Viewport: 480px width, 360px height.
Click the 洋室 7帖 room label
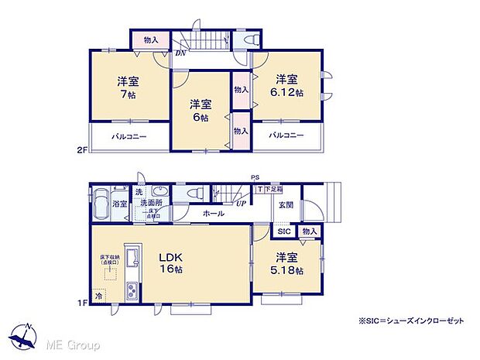coord(128,87)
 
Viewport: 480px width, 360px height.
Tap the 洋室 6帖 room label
coord(201,111)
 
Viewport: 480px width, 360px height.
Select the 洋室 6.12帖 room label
coord(287,86)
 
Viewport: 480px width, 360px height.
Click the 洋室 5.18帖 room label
coord(288,263)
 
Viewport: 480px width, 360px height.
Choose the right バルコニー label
coord(286,136)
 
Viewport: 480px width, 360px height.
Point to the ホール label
coord(214,214)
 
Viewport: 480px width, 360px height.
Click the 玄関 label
coord(285,204)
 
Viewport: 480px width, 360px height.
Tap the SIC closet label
coord(283,231)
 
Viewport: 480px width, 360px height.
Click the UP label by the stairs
coord(242,204)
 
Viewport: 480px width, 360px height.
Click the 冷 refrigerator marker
coord(99,294)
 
